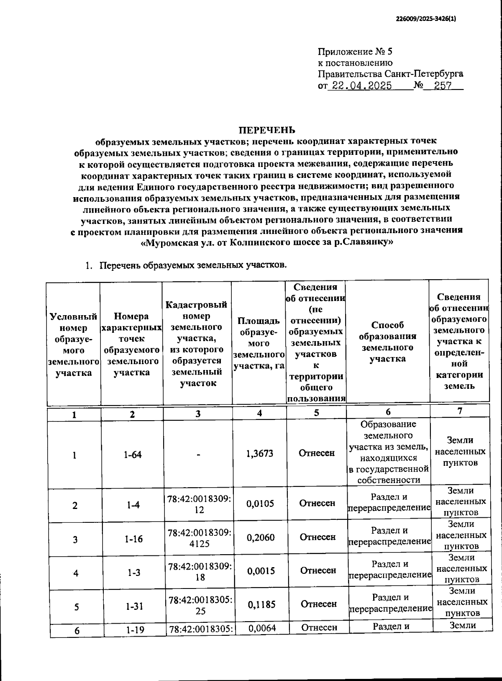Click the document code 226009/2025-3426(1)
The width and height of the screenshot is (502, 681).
click(x=426, y=19)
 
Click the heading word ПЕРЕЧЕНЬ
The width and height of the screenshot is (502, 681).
click(x=266, y=130)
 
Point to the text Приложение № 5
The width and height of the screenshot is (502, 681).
click(x=355, y=52)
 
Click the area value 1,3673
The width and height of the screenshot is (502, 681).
click(x=259, y=453)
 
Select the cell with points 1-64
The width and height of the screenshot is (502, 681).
click(x=132, y=455)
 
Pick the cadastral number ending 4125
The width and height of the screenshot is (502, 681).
click(x=199, y=538)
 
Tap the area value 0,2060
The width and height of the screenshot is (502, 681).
click(x=261, y=537)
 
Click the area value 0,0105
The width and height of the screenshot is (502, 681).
click(x=260, y=504)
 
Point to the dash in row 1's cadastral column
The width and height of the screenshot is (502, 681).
click(x=198, y=454)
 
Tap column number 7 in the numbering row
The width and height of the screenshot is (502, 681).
click(x=459, y=411)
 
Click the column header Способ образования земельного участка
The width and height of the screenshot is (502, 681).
click(x=387, y=342)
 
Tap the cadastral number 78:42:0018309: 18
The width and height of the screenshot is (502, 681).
click(x=200, y=572)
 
